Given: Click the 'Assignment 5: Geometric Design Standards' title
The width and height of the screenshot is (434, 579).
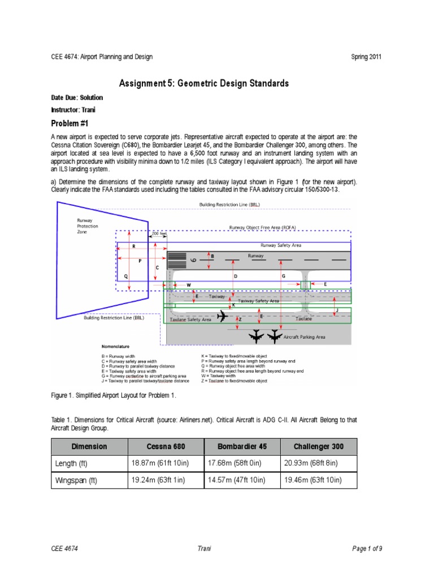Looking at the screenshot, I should click(x=203, y=84).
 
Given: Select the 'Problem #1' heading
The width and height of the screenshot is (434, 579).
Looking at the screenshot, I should click(x=70, y=123).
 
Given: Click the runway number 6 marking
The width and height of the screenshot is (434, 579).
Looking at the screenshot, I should click(x=193, y=260).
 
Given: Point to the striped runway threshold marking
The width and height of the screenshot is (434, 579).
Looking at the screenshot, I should click(x=177, y=261).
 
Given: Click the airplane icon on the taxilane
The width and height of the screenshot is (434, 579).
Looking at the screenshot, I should click(x=223, y=316).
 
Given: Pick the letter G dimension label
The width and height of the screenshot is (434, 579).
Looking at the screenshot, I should click(x=283, y=275).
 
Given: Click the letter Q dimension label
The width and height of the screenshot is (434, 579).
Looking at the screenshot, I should click(x=127, y=275).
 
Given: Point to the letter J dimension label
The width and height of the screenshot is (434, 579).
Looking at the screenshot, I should click(x=337, y=310).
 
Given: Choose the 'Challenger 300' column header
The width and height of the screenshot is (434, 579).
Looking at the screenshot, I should click(x=318, y=446).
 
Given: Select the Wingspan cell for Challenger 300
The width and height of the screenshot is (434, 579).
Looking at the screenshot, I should click(x=312, y=481).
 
